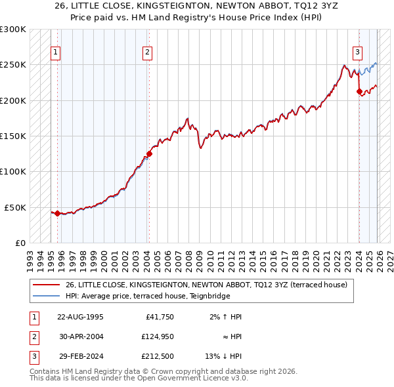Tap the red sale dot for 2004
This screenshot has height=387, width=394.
pos(149,154)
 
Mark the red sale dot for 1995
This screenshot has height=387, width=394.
pos(57,213)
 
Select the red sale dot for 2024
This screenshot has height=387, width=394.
pos(359,92)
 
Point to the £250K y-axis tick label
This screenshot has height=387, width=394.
pos(13,65)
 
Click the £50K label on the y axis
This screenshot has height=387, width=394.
pos(16,207)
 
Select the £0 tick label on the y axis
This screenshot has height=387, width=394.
pos(21,243)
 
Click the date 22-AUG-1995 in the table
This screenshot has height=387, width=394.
pos(80,317)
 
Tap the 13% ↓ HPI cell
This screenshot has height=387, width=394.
pos(223,357)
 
